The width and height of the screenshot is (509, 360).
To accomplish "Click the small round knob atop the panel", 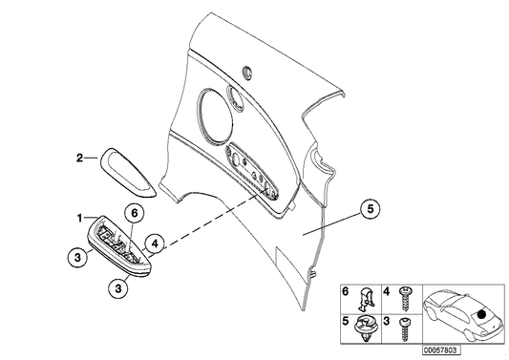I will [248, 70].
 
